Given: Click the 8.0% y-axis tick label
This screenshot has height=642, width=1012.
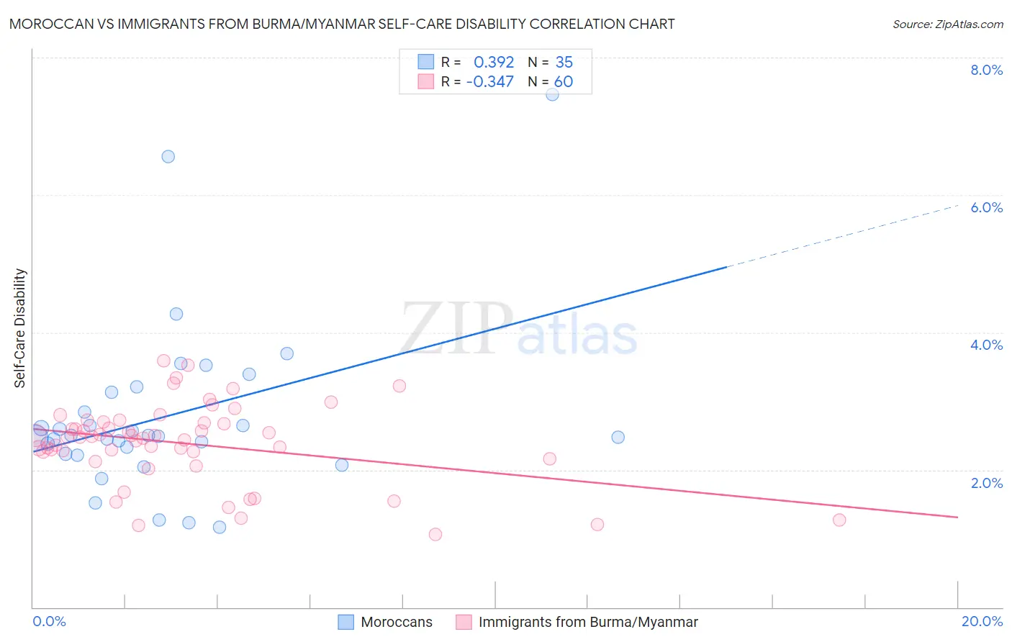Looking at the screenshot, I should click(986, 70).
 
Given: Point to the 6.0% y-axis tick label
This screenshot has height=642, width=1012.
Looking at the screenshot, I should click(986, 207).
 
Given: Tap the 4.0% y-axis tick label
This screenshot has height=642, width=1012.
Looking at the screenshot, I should click(986, 345).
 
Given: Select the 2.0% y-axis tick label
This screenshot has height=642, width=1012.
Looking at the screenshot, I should click(986, 483).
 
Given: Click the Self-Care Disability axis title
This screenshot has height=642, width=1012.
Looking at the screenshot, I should click(20, 328).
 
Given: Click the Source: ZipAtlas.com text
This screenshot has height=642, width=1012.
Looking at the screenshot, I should click(947, 24).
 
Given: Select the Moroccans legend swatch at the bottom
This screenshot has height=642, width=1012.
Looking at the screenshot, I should click(346, 622).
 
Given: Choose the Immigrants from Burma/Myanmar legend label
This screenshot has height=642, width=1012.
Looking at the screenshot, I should click(588, 622).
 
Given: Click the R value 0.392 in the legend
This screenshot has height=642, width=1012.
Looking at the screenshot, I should click(494, 62).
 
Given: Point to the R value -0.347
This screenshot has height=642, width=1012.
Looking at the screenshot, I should click(490, 81).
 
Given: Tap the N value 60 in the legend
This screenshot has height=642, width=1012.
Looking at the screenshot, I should click(564, 81).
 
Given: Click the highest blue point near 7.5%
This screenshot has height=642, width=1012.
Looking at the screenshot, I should click(552, 94).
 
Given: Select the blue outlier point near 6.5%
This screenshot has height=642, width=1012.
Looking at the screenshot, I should click(168, 156).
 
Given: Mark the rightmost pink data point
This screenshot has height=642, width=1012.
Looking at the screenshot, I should click(839, 520).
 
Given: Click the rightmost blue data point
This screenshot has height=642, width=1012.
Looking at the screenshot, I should click(618, 437).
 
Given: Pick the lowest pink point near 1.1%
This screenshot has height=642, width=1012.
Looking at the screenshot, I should click(435, 534).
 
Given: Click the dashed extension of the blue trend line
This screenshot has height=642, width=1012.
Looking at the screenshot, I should click(842, 235).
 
